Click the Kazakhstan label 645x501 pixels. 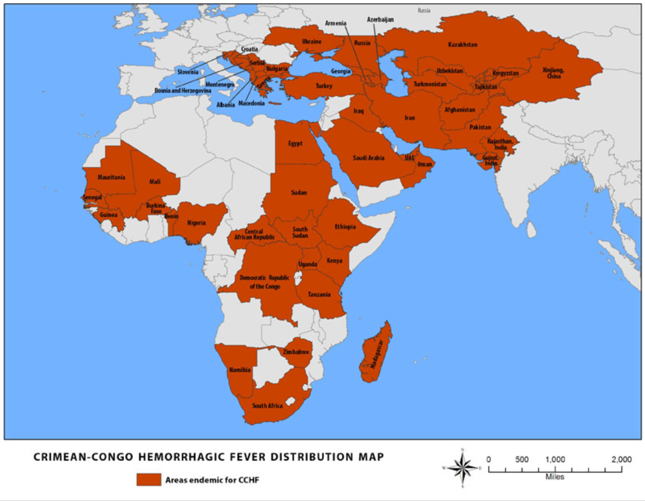click(x=462, y=44)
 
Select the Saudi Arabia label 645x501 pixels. click(x=368, y=158)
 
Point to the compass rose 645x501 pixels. click(x=462, y=468)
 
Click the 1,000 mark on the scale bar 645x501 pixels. click(x=555, y=459)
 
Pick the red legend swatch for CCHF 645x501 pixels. click(x=148, y=480)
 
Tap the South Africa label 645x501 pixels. click(x=267, y=405)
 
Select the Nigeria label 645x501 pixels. click(x=196, y=223)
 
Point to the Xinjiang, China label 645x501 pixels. click(x=553, y=73)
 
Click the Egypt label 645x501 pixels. click(x=295, y=143)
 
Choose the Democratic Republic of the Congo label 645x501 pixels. click(x=264, y=282)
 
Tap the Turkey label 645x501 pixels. click(x=324, y=86)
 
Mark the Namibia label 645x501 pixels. click(x=240, y=369)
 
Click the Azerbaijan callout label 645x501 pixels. click(x=380, y=19)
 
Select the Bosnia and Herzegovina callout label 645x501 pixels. click(x=183, y=90)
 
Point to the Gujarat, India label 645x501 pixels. click(x=490, y=160)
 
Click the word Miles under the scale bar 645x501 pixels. click(x=555, y=477)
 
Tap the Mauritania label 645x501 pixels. click(x=111, y=177)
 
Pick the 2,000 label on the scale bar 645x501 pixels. click(x=621, y=459)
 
